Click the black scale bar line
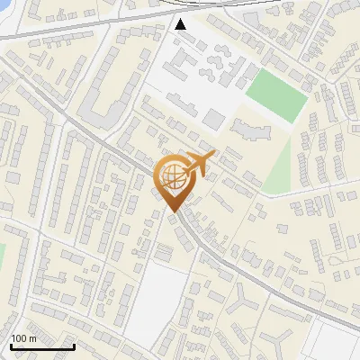[41, 346]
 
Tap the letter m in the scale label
[32, 338]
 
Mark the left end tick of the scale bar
[10, 345]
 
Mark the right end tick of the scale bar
[74, 345]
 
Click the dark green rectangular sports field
[276, 94]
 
